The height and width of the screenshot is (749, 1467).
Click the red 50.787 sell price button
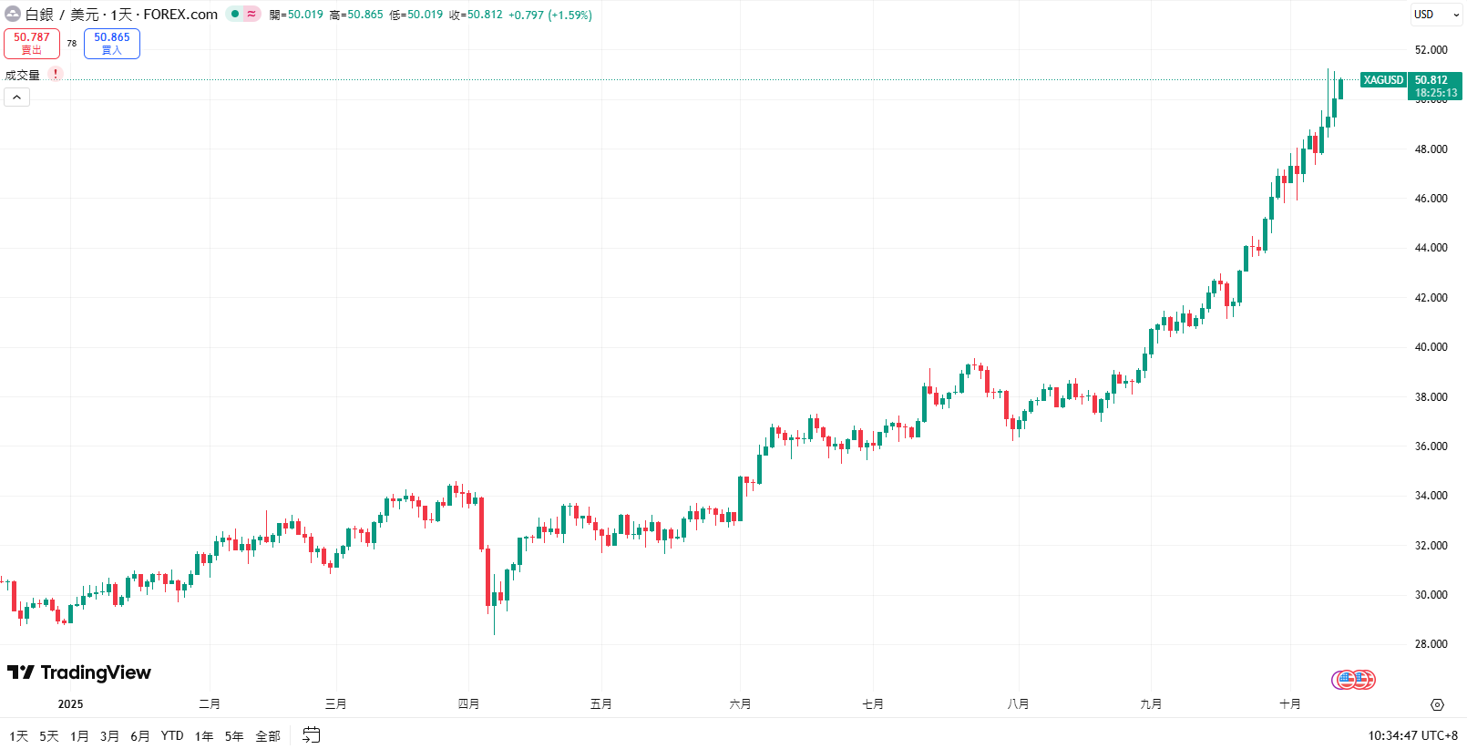32,43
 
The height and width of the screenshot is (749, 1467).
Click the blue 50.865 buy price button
111,43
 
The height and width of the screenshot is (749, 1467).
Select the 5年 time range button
234,736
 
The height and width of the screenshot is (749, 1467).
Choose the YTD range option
172,736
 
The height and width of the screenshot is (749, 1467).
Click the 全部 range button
268,736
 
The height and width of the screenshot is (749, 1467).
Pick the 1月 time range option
79,736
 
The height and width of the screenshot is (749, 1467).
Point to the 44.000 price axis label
1431,248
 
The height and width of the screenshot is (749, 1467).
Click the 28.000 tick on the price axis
1431,644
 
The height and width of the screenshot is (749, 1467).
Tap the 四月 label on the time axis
468,704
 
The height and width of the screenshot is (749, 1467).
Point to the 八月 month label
1018,704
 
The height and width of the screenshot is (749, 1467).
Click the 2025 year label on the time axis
70,704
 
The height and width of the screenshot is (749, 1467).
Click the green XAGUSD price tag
1383,80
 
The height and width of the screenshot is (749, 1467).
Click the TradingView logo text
95,672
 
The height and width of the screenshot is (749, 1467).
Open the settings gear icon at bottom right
1437,704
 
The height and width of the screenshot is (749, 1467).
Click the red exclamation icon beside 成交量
56,75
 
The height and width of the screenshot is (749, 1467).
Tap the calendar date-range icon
312,735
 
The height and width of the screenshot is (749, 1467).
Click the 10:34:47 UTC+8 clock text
1412,736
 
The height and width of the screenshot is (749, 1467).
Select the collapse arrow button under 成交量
16,97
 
